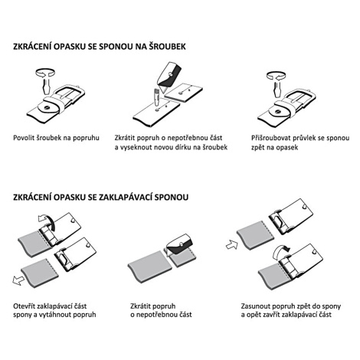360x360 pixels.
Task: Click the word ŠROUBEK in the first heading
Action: [x=168, y=47]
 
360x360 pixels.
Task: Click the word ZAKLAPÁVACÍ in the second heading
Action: [x=126, y=197]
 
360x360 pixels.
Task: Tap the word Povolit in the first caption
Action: [x=24, y=138]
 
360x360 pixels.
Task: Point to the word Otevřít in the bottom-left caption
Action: [x=25, y=306]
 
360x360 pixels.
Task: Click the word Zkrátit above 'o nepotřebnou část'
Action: [x=141, y=306]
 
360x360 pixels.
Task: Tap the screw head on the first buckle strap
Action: [x=47, y=107]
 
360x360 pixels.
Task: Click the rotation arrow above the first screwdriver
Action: [x=45, y=72]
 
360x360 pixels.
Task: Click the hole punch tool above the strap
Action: [x=156, y=97]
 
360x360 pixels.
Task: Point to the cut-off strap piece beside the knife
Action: [x=183, y=93]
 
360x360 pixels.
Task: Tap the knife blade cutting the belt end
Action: [x=169, y=74]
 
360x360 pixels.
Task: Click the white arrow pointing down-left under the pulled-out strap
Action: [x=18, y=280]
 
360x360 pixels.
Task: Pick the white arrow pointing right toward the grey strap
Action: [x=232, y=245]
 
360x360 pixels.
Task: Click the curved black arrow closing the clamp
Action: [x=280, y=250]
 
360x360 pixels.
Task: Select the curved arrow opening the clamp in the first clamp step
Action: [x=47, y=221]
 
